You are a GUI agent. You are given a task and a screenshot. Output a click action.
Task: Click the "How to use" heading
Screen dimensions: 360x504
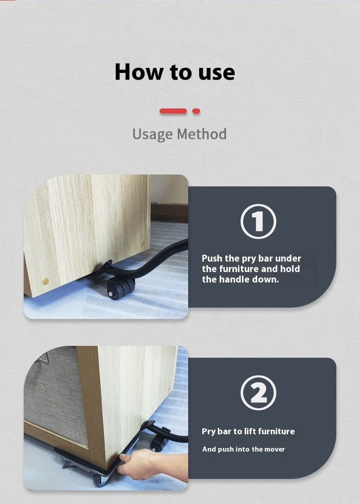coord(175,72)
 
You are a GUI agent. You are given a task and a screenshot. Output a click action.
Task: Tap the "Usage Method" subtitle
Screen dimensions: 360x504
coord(180,134)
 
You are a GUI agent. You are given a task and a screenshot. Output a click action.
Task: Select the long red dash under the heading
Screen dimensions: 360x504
coord(173,111)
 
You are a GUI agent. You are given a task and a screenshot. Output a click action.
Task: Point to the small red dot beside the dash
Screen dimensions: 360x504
coord(196,111)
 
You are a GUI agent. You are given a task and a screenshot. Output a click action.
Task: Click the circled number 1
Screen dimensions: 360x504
coord(258,221)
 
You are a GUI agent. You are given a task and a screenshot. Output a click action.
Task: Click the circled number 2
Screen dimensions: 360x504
coord(258,392)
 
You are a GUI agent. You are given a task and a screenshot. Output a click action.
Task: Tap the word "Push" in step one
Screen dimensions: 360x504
coord(212,258)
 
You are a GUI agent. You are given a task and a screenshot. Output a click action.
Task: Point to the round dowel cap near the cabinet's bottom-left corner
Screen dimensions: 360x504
coord(45,282)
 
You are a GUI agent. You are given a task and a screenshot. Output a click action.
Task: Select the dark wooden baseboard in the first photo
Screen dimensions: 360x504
coord(170,212)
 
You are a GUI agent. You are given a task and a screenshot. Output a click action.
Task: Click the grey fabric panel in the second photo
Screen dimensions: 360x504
coord(55,396)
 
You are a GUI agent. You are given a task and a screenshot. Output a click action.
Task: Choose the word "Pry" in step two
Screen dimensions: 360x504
coord(208,432)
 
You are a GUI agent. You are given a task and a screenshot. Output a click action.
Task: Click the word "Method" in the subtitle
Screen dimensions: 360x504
coord(202,134)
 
